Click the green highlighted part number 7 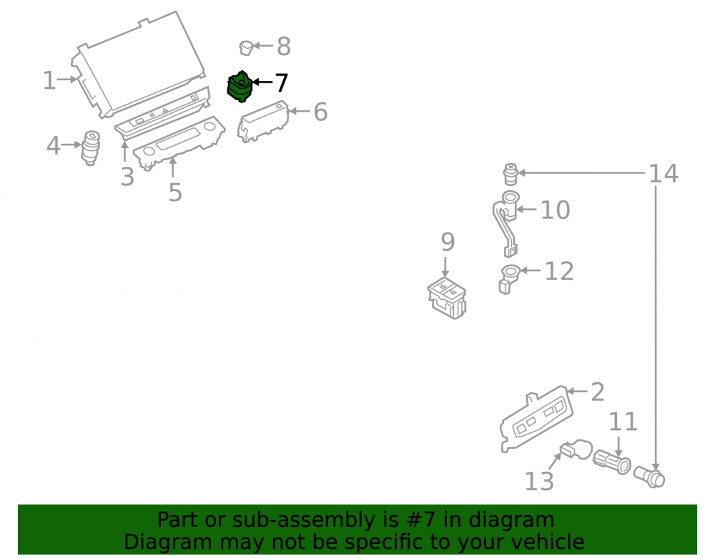coord(240,86)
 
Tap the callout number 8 coord(284,46)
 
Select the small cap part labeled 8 coord(246,47)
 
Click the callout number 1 coord(49,80)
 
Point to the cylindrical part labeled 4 coord(91,148)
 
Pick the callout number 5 coord(175,192)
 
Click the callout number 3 coord(127,177)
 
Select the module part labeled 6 coord(263,122)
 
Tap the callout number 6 coord(320,112)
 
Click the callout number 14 coord(663,174)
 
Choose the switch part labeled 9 coord(447,298)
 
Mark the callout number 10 coord(555,210)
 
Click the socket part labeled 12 coord(509,279)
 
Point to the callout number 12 coord(559,271)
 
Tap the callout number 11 coord(623,422)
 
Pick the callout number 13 coord(539,482)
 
